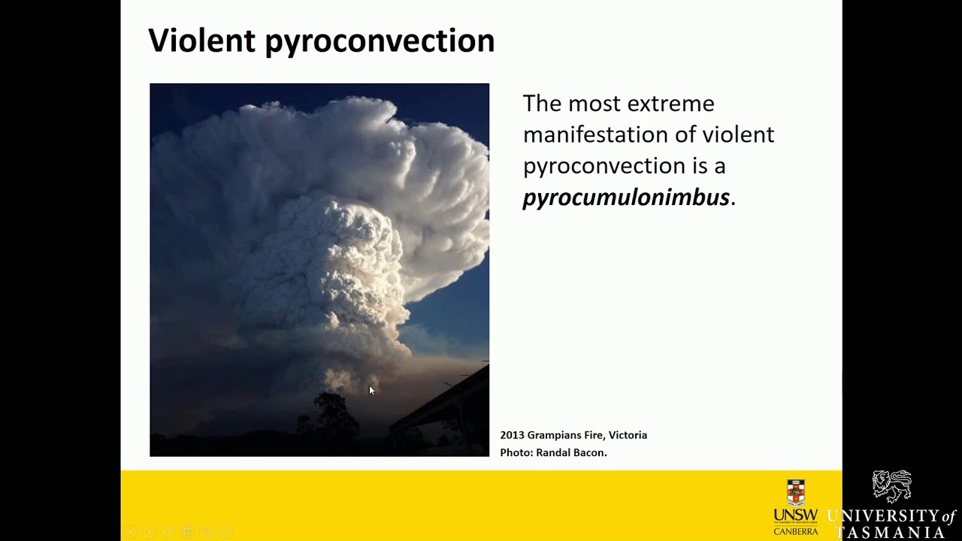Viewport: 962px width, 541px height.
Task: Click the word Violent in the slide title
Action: click(201, 41)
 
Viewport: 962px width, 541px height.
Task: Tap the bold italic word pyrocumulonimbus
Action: click(625, 198)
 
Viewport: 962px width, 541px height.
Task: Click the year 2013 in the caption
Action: click(512, 435)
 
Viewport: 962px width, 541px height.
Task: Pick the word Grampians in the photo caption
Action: click(552, 435)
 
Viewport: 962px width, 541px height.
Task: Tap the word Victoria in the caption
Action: click(628, 435)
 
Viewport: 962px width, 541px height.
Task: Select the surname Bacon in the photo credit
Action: click(588, 452)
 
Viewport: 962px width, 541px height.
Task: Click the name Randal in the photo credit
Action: click(552, 452)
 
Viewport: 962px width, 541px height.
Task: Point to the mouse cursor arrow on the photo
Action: click(371, 390)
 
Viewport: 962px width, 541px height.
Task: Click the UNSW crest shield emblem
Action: click(796, 493)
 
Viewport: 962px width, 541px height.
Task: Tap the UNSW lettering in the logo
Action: click(795, 515)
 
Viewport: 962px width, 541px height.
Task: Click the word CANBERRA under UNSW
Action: click(795, 531)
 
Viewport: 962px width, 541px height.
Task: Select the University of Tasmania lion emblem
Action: click(892, 487)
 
